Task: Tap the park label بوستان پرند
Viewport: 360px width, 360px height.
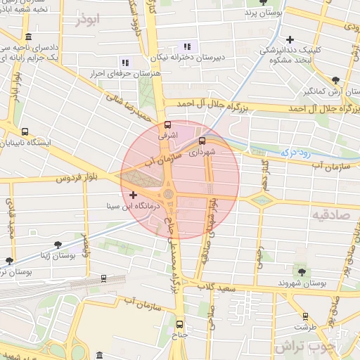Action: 263,13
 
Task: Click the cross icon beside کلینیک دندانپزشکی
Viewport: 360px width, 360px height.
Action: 290,39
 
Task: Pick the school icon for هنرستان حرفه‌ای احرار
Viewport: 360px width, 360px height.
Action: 125,62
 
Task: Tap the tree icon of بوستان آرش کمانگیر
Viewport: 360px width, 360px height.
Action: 336,79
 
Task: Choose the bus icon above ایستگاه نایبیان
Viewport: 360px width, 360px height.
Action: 25,131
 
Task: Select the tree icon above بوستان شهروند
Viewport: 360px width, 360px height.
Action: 302,271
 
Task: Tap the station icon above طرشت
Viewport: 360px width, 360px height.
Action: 305,316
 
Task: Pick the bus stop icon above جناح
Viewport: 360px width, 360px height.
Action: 180,324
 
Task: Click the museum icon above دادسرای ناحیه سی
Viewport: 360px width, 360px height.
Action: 27,37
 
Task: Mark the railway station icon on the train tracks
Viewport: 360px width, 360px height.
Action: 104,278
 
